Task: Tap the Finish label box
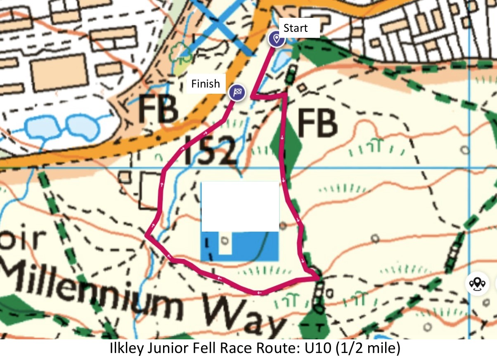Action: click(205, 84)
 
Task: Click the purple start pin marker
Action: click(277, 39)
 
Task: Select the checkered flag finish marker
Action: click(237, 92)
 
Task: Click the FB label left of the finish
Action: click(158, 110)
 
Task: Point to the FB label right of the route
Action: click(317, 123)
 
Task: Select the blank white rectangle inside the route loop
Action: click(240, 206)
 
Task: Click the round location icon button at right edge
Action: click(478, 284)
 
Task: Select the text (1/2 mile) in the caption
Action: click(368, 349)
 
